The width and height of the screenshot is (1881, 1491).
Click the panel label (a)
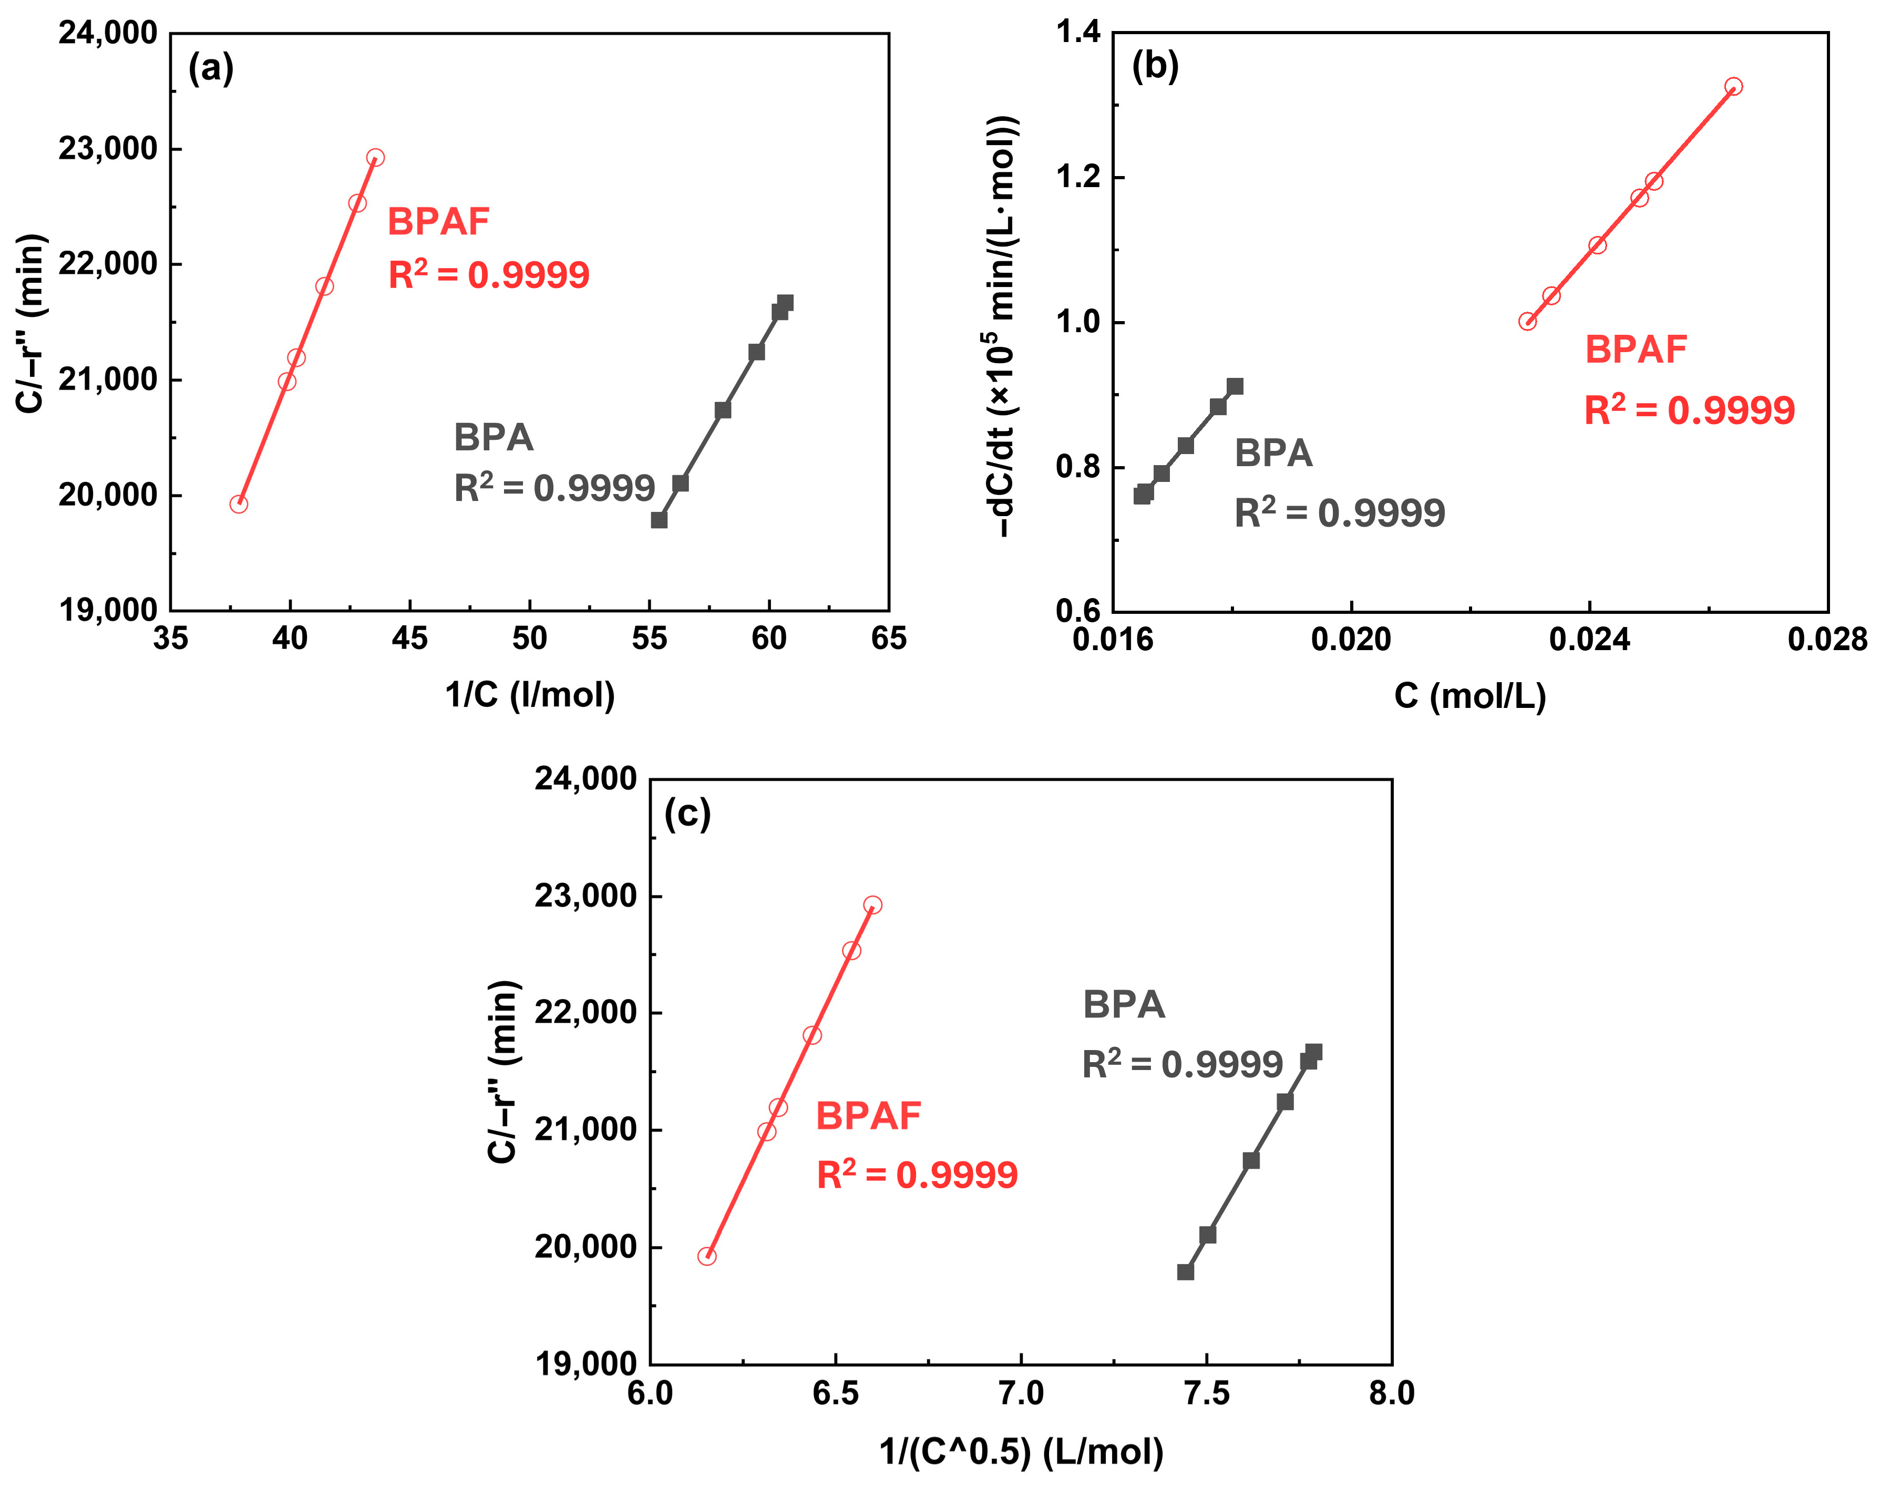(211, 68)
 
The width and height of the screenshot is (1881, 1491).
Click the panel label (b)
(1155, 66)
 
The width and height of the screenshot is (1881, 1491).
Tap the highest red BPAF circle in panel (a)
(375, 158)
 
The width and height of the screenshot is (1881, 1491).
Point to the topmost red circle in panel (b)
(1733, 86)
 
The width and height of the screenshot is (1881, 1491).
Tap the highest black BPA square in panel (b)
(1235, 386)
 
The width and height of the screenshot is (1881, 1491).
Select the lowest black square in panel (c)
(1185, 1272)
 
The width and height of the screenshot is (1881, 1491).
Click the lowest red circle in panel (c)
(707, 1256)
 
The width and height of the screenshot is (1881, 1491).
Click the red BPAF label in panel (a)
(438, 222)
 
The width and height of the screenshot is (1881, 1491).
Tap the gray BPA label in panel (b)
(1273, 454)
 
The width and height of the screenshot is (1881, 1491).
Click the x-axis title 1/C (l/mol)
(530, 694)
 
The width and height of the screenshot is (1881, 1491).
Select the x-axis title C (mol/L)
(1470, 695)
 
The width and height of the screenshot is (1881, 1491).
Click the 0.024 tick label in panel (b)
(1590, 640)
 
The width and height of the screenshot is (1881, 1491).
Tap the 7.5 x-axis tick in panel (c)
(1207, 1393)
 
